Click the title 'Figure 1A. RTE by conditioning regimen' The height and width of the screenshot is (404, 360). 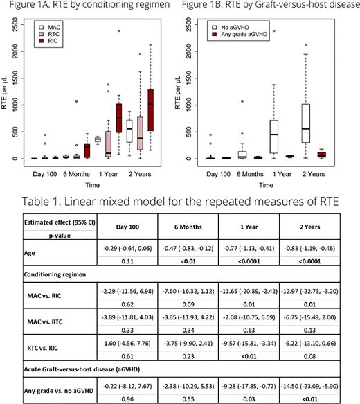(x=90, y=7)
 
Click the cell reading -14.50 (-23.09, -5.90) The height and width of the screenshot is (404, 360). (x=314, y=380)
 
